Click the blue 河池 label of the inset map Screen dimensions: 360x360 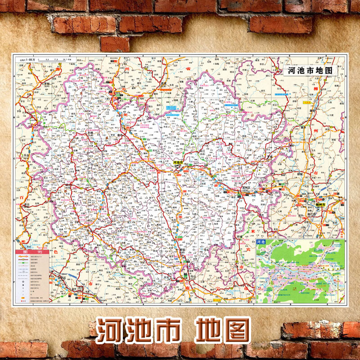pos(261,243)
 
